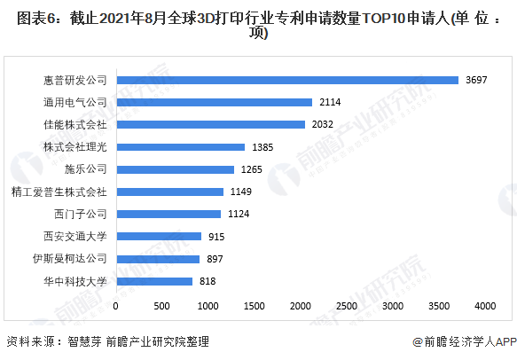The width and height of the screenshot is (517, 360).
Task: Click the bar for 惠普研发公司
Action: (x=287, y=80)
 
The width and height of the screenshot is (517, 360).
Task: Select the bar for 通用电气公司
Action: (x=215, y=102)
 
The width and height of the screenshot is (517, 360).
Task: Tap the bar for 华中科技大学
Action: (x=155, y=281)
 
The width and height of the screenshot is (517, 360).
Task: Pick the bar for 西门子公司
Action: (x=169, y=214)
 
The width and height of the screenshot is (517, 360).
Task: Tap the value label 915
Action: (x=217, y=237)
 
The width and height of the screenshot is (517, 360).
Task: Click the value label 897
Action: (x=215, y=259)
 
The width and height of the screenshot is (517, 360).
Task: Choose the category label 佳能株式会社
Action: (x=75, y=125)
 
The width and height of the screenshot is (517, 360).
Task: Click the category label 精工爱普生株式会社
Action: (x=59, y=192)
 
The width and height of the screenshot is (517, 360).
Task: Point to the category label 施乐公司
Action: (x=86, y=169)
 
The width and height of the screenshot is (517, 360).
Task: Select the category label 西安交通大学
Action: (x=75, y=237)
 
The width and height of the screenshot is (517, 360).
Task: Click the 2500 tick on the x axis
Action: (x=347, y=306)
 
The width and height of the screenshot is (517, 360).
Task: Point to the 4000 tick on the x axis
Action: (x=484, y=306)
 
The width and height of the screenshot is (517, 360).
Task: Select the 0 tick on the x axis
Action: (x=117, y=306)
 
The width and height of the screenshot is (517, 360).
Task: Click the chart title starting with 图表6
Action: (x=258, y=26)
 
